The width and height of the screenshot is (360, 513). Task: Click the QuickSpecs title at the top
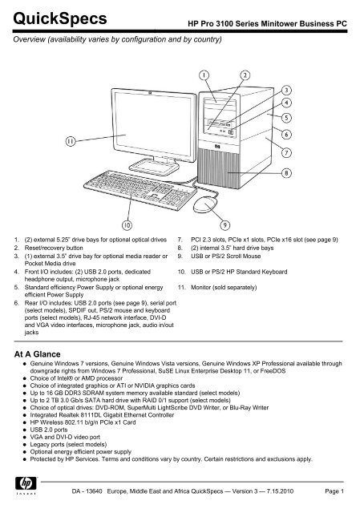60,19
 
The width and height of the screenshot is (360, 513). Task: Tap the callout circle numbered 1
204,75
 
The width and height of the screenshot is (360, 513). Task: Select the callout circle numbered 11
71,141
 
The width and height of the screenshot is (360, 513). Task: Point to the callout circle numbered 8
286,173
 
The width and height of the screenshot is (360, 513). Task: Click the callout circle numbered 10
127,224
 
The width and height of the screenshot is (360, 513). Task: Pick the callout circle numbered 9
224,224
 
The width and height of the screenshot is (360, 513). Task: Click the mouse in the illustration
205,205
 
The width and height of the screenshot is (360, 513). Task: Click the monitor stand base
154,167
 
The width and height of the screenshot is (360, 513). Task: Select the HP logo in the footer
26,483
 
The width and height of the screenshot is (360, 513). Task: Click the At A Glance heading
38,354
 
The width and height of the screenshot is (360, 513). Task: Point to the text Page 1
334,491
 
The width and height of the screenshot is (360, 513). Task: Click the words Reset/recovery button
54,248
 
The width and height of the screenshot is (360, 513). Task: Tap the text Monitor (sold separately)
224,287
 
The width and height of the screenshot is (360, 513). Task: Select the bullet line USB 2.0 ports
49,430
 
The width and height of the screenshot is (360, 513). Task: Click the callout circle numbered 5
286,118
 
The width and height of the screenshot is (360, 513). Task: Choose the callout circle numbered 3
286,91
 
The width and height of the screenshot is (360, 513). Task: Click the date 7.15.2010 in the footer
280,491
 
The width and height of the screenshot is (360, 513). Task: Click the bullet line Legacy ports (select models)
68,444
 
